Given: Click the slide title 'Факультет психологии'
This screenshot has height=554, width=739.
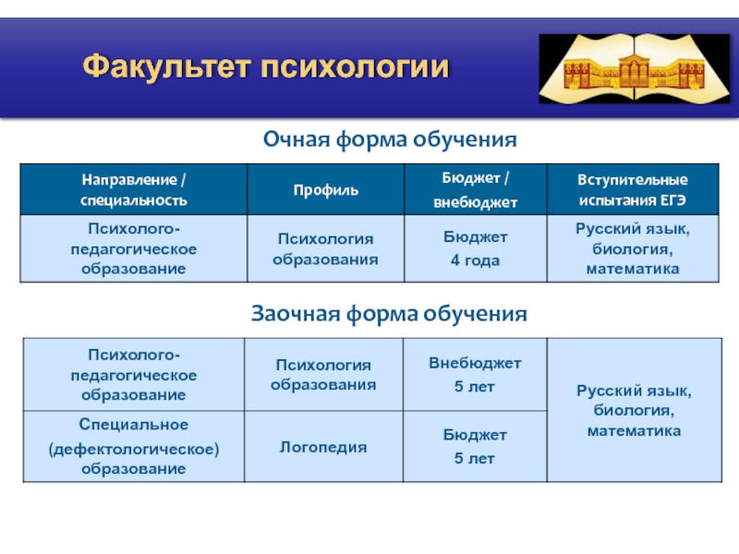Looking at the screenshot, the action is click(266, 66).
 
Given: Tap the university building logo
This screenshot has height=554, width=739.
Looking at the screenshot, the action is click(635, 68).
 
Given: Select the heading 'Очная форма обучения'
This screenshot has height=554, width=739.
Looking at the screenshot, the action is click(390, 139).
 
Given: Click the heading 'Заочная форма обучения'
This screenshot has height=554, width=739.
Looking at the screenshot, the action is click(389, 314).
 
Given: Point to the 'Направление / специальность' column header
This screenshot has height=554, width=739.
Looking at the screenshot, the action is click(133, 190).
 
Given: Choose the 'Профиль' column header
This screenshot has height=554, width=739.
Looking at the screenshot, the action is click(326, 190).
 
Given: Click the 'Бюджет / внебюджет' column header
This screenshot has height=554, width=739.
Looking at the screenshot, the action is click(476, 190).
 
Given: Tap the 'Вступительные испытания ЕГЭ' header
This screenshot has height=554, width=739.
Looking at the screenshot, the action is click(633, 190).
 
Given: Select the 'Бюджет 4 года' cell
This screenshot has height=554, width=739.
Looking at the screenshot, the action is click(476, 248).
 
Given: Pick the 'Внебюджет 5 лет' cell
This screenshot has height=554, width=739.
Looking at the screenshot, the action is click(475, 375).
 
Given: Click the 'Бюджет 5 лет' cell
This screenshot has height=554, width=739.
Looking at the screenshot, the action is click(475, 446).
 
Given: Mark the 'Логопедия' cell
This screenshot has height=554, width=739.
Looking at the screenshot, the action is click(323, 447).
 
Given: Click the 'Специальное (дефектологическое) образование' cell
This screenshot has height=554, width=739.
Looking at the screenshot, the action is click(134, 446).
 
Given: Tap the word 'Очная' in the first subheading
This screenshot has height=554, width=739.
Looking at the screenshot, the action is click(297, 139).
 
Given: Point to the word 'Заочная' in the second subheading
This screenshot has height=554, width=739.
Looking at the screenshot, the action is click(296, 314).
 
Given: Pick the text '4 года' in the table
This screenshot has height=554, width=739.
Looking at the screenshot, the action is click(475, 260).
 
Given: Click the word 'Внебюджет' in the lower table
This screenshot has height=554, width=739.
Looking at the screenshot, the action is click(475, 363).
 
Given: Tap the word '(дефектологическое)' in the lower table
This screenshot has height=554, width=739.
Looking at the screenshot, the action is click(134, 449).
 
